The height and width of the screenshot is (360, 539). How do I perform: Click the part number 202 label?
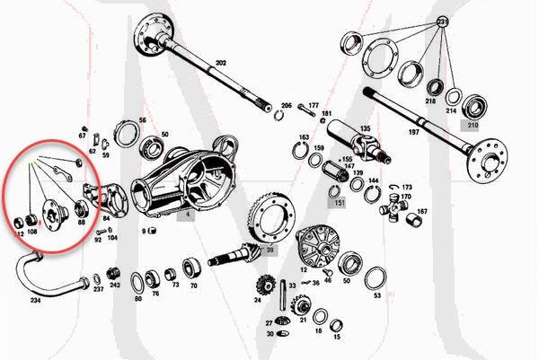point(221,64)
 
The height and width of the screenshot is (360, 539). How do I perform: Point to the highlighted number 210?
point(473,125)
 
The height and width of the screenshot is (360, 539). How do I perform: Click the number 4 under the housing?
point(188,215)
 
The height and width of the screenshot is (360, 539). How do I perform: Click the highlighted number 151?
point(340,203)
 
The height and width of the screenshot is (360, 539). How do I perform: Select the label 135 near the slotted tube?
point(365,128)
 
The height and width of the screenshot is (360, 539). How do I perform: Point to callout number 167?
point(421,212)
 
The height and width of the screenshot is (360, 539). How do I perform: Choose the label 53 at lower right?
point(377,295)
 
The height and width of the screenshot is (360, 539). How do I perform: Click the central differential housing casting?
point(180,180)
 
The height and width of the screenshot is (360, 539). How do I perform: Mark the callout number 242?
point(114,285)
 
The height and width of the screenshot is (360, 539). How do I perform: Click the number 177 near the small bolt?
point(314,105)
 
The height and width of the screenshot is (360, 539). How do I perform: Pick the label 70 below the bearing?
point(192,285)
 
